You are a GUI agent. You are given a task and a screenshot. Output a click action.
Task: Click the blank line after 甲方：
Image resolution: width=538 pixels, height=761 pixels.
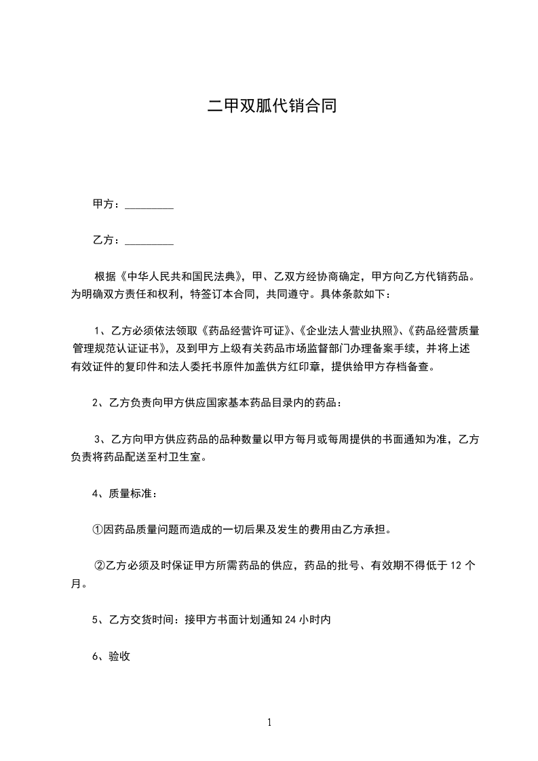[x=149, y=206]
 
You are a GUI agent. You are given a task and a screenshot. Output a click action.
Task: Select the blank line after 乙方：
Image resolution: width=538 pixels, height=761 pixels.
[x=149, y=241]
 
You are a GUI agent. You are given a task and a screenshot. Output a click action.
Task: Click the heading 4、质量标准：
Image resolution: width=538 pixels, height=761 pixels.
[x=126, y=493]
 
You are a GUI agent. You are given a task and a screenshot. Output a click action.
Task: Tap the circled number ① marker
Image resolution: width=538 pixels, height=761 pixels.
[x=97, y=529]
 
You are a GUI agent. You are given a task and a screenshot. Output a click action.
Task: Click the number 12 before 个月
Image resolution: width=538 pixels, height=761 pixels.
[x=456, y=565]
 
